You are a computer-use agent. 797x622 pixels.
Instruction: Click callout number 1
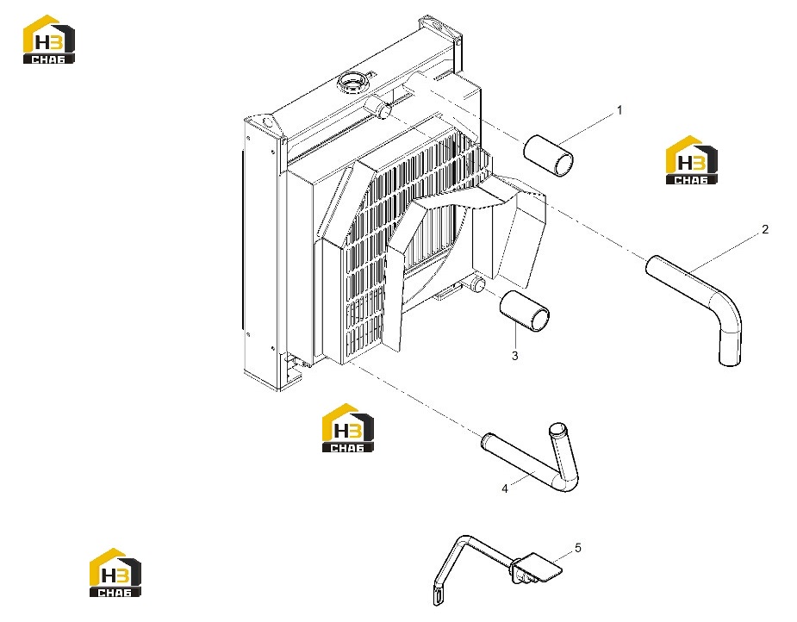tap(620, 109)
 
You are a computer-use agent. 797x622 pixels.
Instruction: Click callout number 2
tap(765, 229)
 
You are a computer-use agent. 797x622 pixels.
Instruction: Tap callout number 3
tap(515, 356)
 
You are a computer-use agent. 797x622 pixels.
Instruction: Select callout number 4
tap(504, 488)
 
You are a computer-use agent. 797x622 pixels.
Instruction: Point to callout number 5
tap(578, 548)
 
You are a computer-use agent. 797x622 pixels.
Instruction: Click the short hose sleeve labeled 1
tap(549, 155)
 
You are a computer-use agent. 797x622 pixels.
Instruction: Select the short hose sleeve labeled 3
tap(525, 311)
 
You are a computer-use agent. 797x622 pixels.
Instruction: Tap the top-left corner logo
tap(49, 39)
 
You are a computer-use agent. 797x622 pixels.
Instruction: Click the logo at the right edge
tap(691, 159)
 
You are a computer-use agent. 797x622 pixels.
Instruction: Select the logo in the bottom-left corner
tap(115, 572)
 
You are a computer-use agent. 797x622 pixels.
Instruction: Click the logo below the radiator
tap(348, 427)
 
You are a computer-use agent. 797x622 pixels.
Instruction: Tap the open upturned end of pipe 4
tap(557, 427)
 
